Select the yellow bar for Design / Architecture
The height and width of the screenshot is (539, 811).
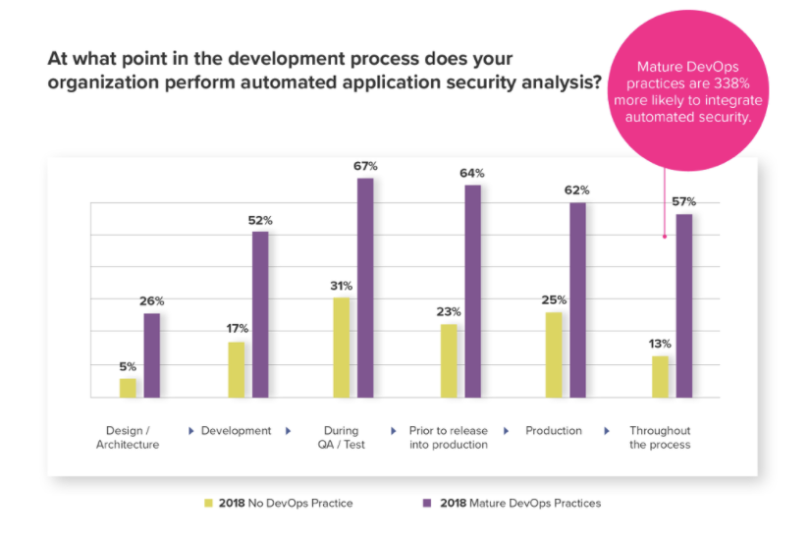click(x=128, y=388)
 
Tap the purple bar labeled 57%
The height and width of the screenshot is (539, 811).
click(x=684, y=305)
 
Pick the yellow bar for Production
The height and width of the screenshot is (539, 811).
click(x=554, y=354)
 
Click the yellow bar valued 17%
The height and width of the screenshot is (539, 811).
click(x=237, y=369)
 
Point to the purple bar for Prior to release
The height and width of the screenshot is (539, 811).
click(x=472, y=291)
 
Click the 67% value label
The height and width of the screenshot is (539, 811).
click(x=365, y=166)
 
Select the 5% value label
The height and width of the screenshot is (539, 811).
click(x=128, y=366)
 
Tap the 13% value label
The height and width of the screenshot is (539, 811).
click(x=660, y=344)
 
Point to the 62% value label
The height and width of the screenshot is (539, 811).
click(x=578, y=190)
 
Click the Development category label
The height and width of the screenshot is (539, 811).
click(x=236, y=431)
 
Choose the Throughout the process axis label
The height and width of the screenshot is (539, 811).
click(x=660, y=438)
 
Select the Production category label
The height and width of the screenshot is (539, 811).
click(x=554, y=431)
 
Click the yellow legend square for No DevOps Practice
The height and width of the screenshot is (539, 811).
click(x=208, y=503)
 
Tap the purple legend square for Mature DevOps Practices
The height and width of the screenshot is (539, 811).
click(x=426, y=503)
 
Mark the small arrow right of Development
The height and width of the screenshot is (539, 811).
click(x=289, y=431)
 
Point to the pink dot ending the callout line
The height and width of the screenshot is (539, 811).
click(x=665, y=236)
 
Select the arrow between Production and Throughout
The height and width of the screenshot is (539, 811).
click(x=607, y=431)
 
